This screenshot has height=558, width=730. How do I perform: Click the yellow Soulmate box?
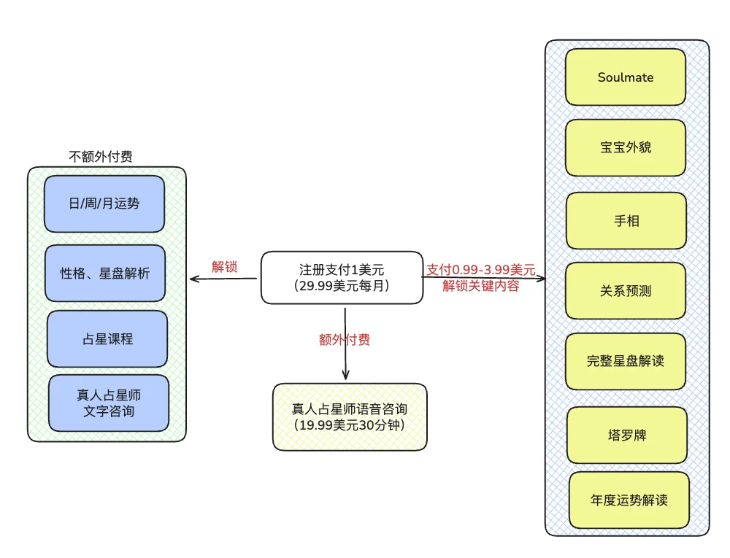[x=626, y=77]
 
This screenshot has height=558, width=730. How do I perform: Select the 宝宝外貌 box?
[x=626, y=148]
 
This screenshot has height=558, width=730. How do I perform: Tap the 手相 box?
[x=626, y=220]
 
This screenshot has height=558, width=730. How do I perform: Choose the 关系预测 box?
[x=626, y=291]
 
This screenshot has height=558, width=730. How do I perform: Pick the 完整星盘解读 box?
[x=626, y=361]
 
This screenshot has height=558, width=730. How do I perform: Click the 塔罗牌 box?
[x=627, y=435]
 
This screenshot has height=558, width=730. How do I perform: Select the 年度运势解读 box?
[x=629, y=500]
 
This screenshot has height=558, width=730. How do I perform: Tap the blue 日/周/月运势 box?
[x=104, y=204]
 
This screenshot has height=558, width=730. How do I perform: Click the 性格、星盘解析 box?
[x=105, y=274]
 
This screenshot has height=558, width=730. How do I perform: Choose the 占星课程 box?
[x=107, y=339]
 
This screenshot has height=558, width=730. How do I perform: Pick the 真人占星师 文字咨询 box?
[x=109, y=403]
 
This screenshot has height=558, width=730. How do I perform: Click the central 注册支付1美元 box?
[x=342, y=278]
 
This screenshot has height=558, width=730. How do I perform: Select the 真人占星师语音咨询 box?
[x=349, y=416]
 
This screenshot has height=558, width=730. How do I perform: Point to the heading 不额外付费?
[x=101, y=156]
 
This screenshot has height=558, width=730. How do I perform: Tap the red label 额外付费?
[x=345, y=340]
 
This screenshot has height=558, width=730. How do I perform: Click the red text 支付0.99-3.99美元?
[x=481, y=270]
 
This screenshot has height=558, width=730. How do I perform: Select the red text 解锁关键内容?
[x=481, y=286]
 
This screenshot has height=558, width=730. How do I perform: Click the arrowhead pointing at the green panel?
[x=193, y=279]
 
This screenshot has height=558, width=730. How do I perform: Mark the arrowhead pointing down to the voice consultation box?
[x=345, y=374]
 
